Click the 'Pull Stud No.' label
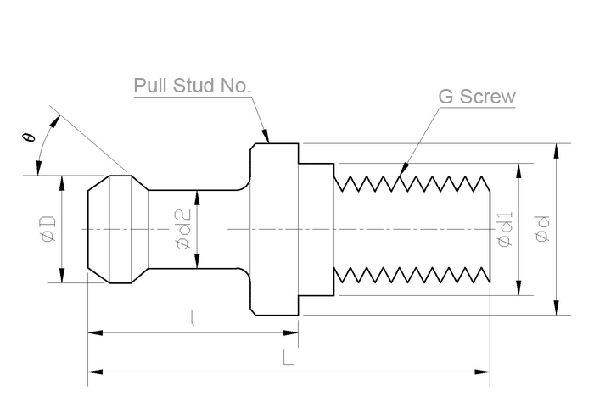pos(193,87)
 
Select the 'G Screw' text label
pos(476,96)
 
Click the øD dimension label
pos(48,229)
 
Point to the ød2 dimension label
pos(183,230)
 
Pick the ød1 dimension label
pos(505,230)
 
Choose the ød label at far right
pos(543,230)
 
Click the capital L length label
pos(289,359)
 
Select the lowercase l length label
pos(193,319)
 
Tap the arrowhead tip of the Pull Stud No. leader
pos(267,141)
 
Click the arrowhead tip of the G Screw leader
pos(401,175)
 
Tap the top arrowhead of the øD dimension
pos(61,178)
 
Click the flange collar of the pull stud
pos(274,229)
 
